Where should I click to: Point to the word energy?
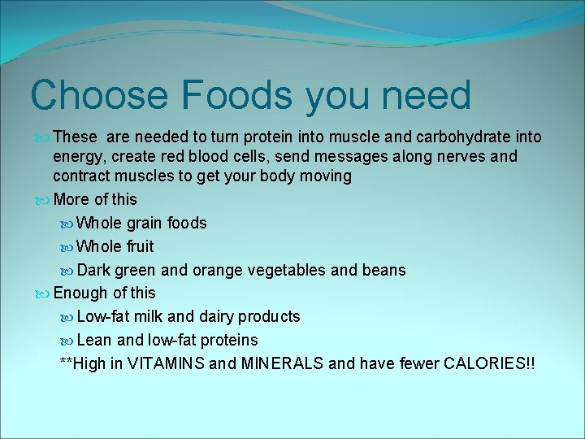pyautogui.click(x=76, y=157)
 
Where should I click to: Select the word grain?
pyautogui.click(x=145, y=223)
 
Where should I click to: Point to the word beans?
pyautogui.click(x=383, y=270)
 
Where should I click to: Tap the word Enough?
pyautogui.click(x=80, y=293)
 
